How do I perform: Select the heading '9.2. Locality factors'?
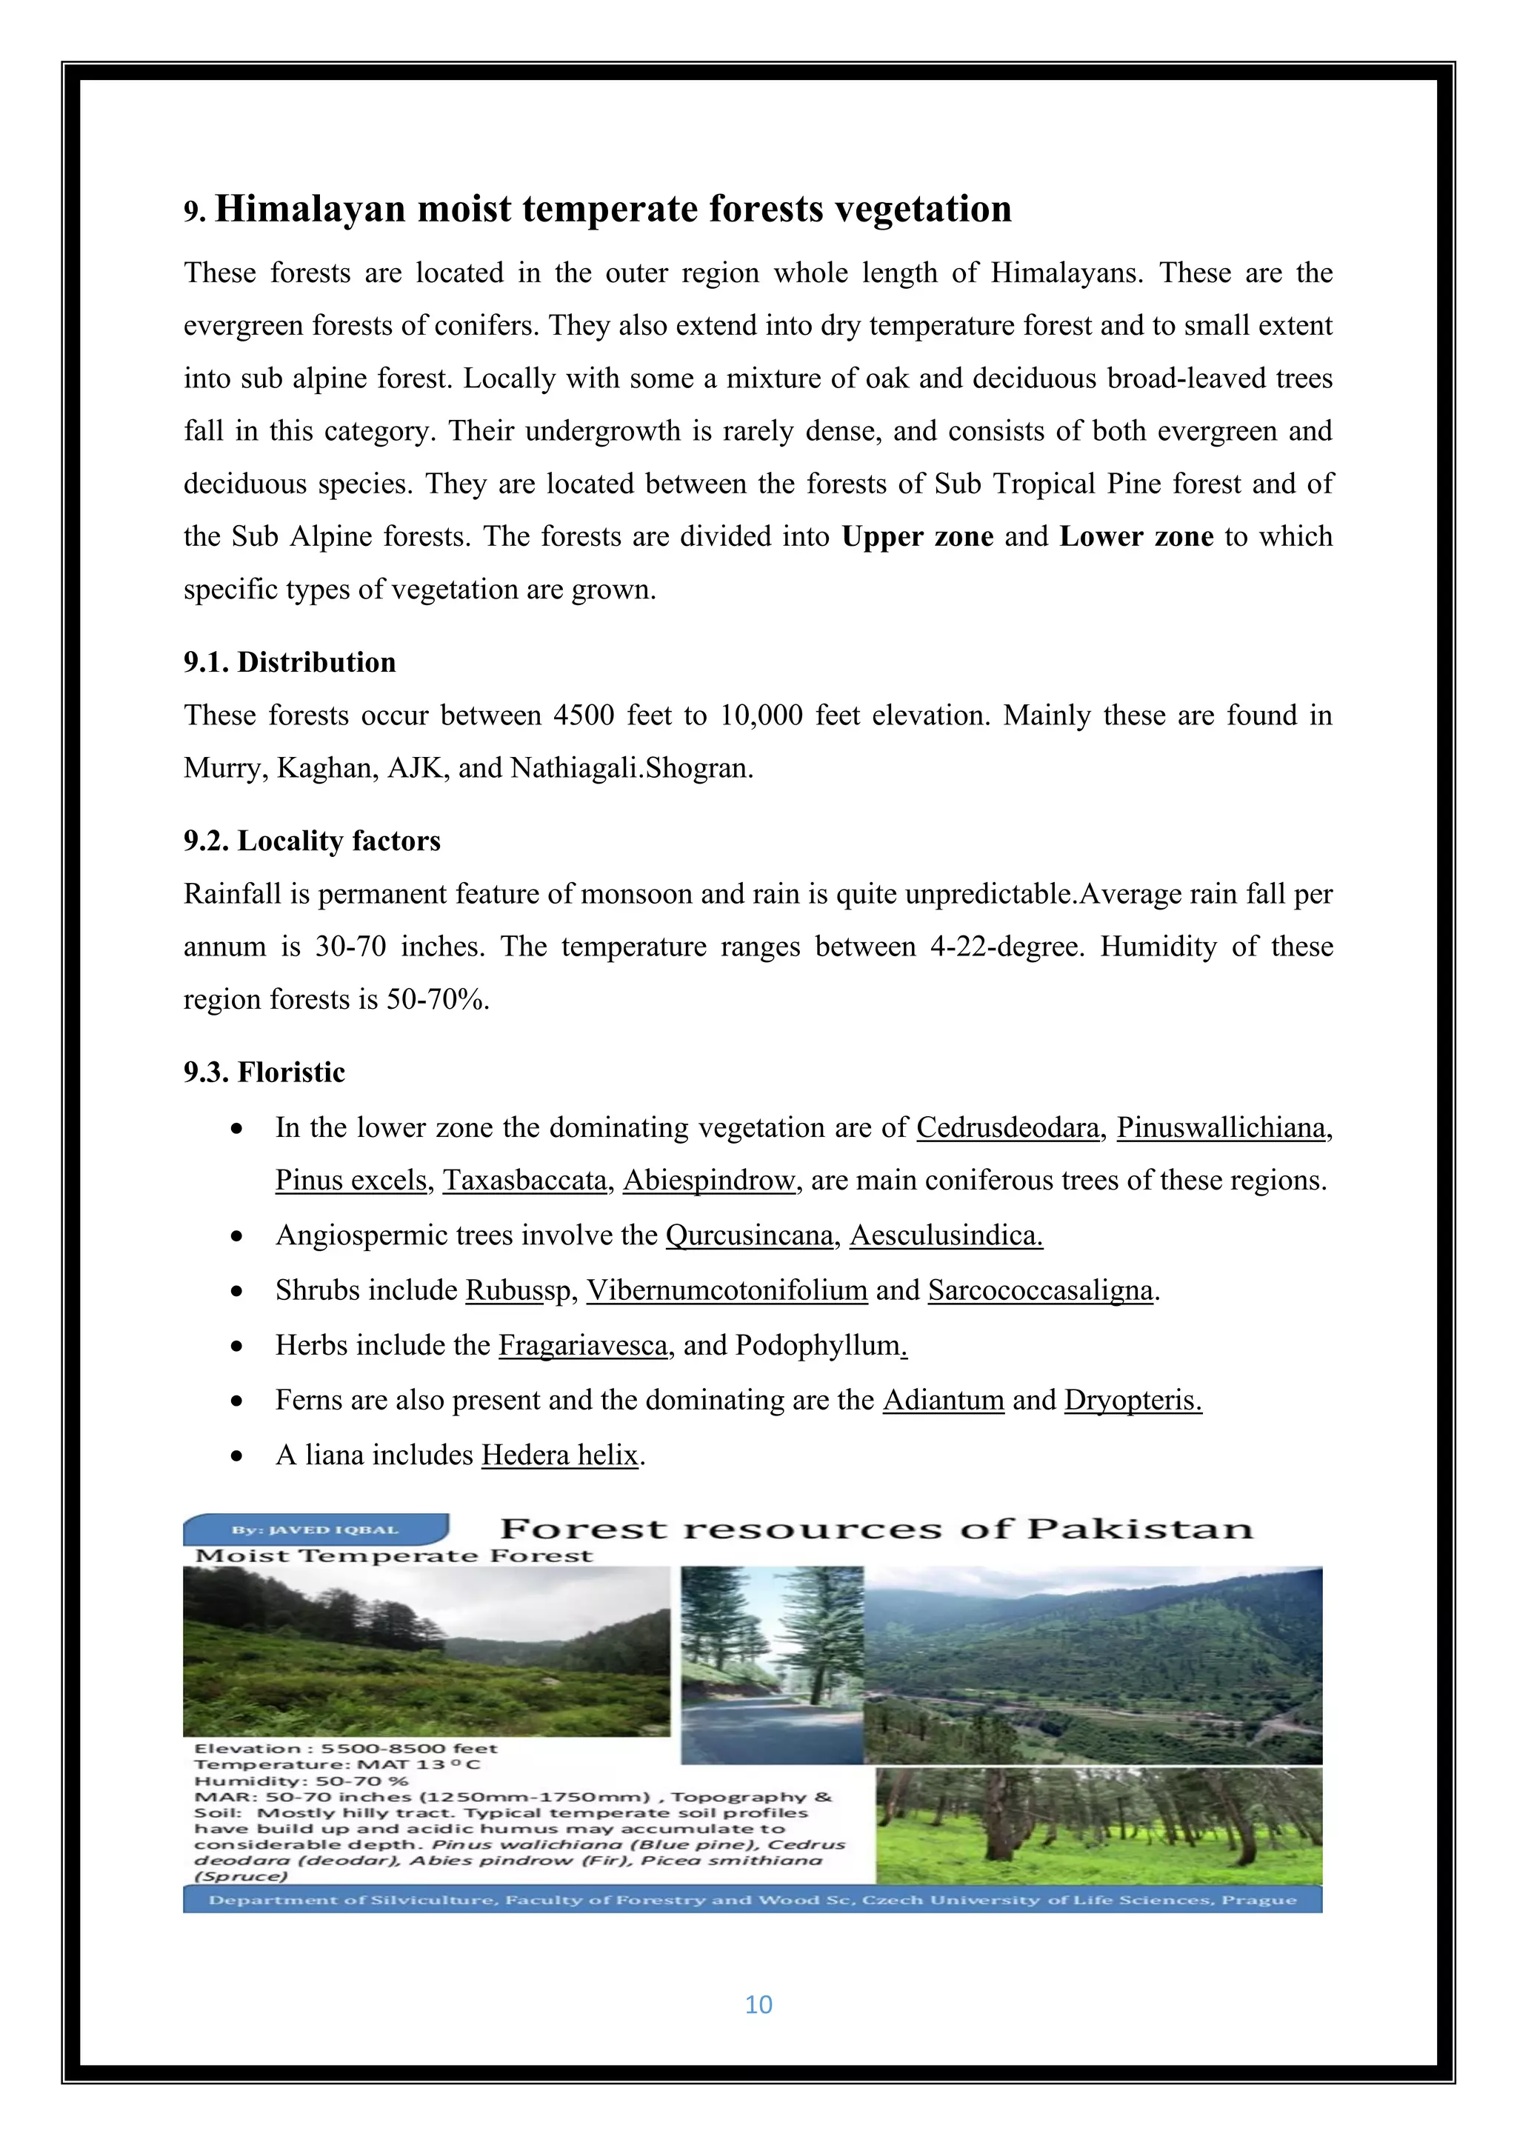pos(312,841)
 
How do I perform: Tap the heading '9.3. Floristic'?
pos(264,1072)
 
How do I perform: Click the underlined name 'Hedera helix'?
pos(559,1455)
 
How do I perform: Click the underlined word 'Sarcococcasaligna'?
pos(1041,1290)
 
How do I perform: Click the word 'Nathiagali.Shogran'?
pos(630,769)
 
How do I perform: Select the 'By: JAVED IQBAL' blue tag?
pos(316,1529)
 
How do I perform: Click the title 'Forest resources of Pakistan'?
pos(876,1529)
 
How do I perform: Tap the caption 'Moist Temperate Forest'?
pos(393,1556)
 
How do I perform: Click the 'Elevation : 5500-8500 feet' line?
pos(346,1749)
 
